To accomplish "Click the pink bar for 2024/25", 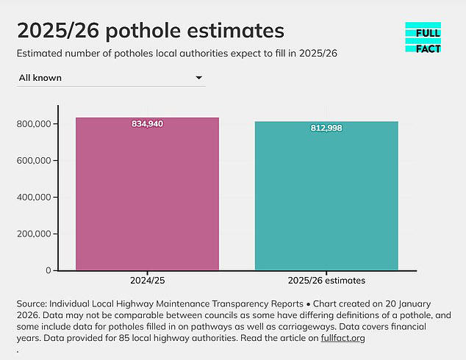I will click(147, 195).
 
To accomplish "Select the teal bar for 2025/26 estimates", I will click(326, 197).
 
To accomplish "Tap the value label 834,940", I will click(147, 124).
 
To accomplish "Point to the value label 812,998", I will click(326, 129).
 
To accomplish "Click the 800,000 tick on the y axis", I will click(32, 124).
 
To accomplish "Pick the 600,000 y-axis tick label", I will click(32, 161).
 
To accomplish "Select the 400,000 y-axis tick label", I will click(32, 198).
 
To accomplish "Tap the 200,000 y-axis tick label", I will click(32, 234).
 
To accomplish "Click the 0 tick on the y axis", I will click(47, 270).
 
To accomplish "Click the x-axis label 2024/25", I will click(147, 281).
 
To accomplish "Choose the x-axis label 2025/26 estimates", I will click(326, 281).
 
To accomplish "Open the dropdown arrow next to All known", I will click(198, 77).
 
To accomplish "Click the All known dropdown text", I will click(40, 77).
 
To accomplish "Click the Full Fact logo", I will click(423, 37).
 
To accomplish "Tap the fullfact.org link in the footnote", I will click(343, 339).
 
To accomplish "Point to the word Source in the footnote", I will click(32, 303).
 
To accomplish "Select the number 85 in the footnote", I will click(179, 339).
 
